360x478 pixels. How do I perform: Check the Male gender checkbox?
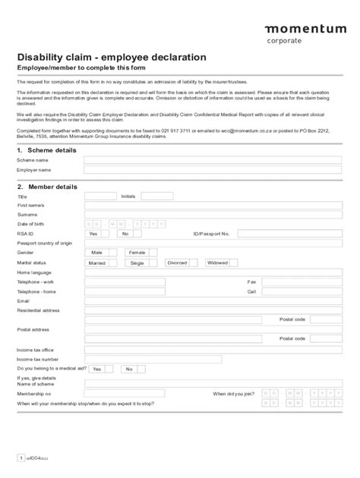coord(112,253)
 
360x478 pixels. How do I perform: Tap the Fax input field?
coord(297,281)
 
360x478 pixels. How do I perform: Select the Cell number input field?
coord(297,291)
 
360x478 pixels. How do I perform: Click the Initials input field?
coord(157,196)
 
